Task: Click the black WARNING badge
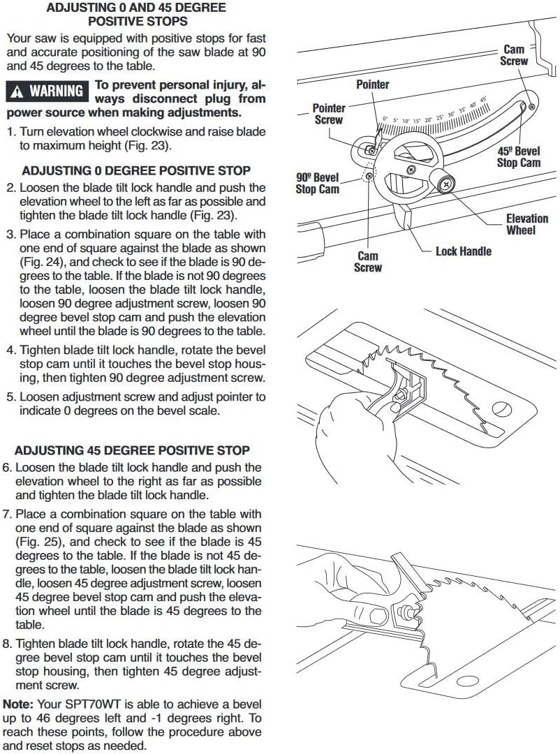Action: click(47, 91)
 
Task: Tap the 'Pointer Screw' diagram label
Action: click(328, 114)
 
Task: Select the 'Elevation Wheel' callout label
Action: click(526, 224)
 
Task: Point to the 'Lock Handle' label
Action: click(463, 251)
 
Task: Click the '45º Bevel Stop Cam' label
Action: click(518, 157)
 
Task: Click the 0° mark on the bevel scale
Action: click(384, 120)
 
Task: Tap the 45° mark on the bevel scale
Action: click(482, 100)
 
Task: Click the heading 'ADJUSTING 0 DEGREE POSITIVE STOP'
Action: click(136, 170)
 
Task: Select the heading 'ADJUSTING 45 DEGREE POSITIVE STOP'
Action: click(132, 450)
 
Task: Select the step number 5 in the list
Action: click(10, 397)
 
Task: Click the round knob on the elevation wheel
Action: click(445, 184)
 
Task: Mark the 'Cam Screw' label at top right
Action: click(514, 56)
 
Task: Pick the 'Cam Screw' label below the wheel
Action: click(368, 262)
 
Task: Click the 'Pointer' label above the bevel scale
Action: click(372, 84)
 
